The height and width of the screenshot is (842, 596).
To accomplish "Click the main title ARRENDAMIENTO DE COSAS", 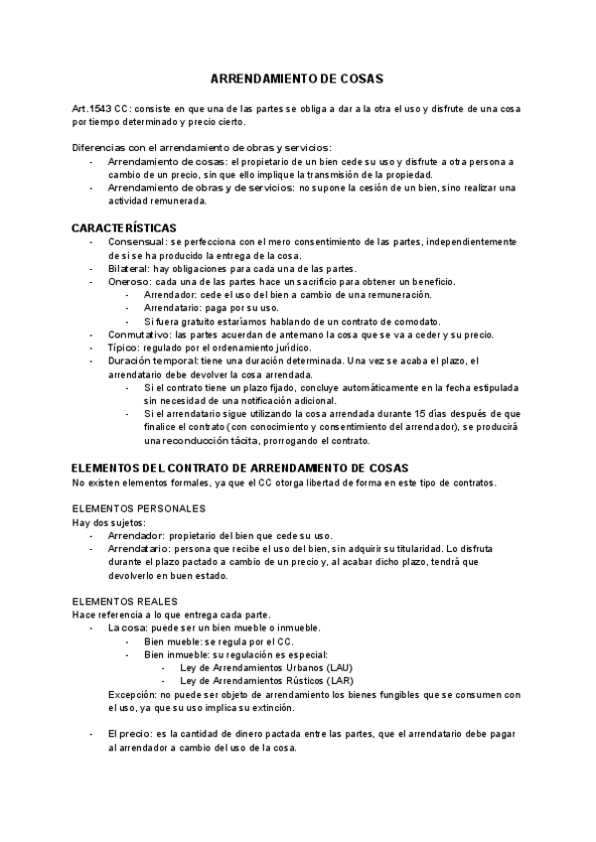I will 297,77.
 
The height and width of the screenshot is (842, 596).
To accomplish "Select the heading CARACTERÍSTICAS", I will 124,227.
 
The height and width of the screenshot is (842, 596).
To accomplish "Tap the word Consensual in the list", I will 137,242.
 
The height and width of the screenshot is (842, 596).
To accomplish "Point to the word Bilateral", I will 128,269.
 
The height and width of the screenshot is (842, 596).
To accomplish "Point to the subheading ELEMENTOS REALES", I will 125,602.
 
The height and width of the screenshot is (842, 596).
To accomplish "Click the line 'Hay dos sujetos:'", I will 109,522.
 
